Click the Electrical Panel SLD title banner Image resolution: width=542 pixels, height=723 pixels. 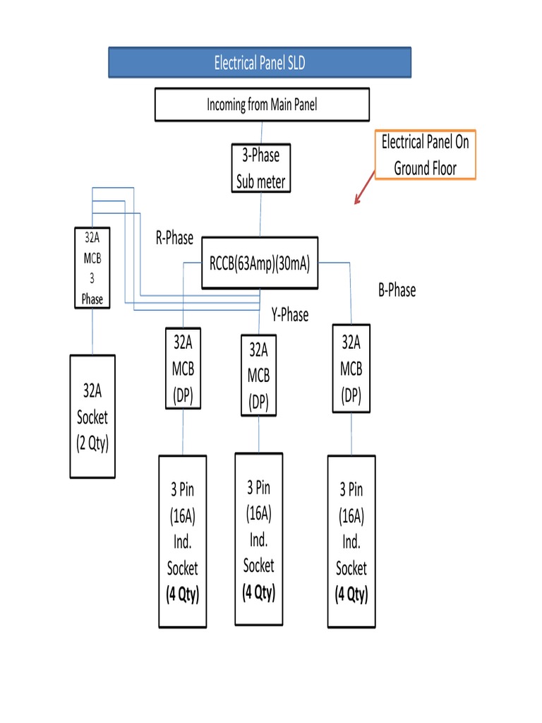259,63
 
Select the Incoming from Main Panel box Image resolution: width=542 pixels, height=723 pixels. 262,104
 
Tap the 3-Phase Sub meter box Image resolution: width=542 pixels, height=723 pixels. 260,169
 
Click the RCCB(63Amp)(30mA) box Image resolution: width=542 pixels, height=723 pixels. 260,263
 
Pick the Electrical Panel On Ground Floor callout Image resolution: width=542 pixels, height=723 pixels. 425,155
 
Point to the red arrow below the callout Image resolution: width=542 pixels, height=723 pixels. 364,191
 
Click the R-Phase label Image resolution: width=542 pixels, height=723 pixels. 174,238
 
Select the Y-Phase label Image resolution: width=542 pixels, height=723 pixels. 289,315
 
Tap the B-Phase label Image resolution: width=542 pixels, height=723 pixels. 397,290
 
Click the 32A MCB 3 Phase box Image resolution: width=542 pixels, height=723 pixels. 92,268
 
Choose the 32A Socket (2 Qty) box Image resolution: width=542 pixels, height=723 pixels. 92,417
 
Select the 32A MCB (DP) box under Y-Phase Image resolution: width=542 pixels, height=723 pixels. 258,375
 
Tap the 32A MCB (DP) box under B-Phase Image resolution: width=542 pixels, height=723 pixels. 351,369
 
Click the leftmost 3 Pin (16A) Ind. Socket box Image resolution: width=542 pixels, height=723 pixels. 183,542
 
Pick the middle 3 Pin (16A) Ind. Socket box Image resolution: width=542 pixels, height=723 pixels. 258,539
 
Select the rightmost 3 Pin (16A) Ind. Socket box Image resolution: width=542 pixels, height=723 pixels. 351,542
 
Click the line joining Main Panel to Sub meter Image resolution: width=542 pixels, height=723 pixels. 262,132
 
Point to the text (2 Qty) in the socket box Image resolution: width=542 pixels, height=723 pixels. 92,444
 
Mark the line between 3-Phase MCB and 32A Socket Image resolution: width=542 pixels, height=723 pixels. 92,331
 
